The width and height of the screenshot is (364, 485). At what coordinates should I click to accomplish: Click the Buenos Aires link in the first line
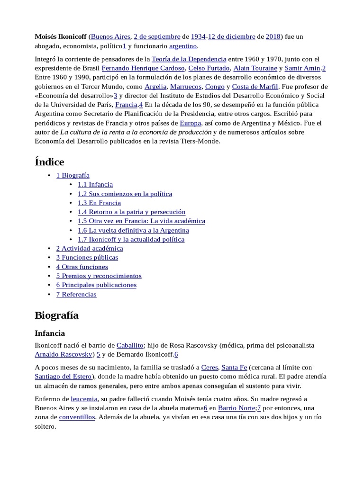(x=110, y=36)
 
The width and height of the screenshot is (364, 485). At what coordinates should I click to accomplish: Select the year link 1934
(x=198, y=36)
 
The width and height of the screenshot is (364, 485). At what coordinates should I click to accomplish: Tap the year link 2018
(x=273, y=36)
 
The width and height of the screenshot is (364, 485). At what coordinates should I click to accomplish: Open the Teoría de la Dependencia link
(x=189, y=59)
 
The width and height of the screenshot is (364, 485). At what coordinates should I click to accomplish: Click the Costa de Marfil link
(x=255, y=87)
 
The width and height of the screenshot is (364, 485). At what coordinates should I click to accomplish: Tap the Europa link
(x=190, y=123)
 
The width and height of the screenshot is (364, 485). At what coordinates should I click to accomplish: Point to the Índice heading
(x=49, y=162)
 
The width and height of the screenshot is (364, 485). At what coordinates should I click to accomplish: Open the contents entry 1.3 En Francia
(x=100, y=203)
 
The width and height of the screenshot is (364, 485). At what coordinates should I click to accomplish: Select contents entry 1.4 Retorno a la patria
(x=132, y=212)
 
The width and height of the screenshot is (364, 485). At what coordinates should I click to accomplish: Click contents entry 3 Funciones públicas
(x=87, y=257)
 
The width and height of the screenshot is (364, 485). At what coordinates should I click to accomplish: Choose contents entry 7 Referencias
(x=76, y=294)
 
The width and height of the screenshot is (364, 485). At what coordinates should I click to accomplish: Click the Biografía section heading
(x=57, y=315)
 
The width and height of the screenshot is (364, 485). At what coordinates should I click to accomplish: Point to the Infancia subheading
(x=50, y=333)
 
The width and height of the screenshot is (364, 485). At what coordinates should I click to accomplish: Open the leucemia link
(x=84, y=399)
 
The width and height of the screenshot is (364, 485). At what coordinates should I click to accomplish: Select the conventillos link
(x=77, y=417)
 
